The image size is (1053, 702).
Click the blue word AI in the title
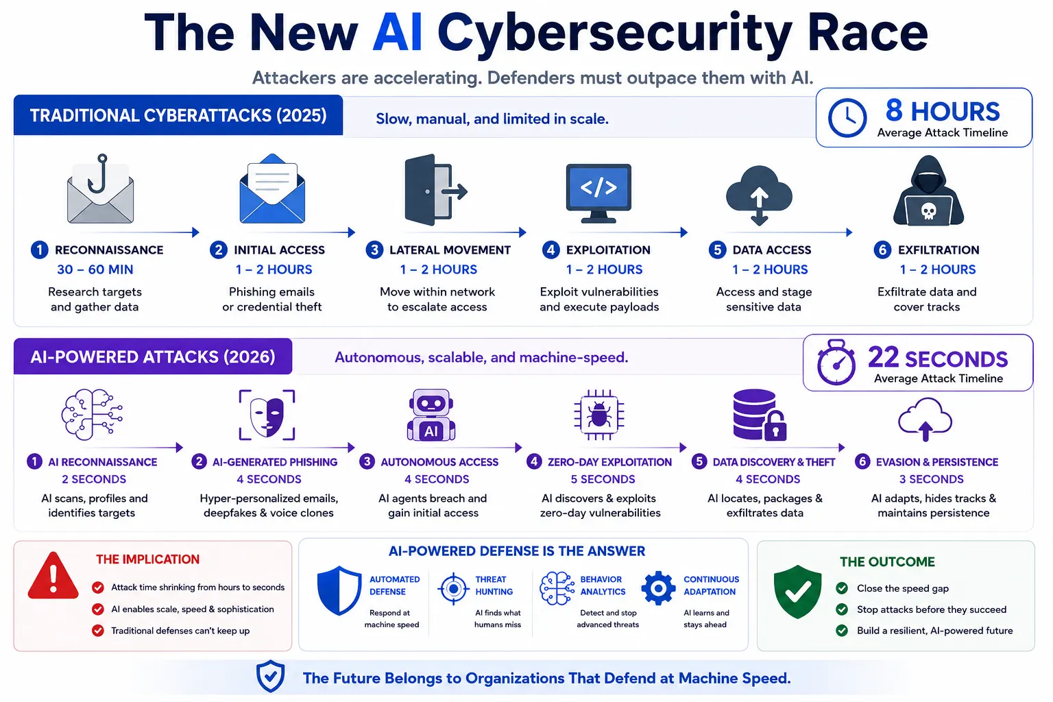[397, 33]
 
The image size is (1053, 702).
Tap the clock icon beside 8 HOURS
[847, 117]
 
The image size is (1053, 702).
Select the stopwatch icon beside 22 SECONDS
[836, 363]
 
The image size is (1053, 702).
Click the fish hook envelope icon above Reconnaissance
[100, 189]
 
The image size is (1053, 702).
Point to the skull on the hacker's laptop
[928, 211]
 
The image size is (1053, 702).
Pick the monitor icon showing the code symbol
[598, 193]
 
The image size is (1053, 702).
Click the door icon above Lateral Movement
[435, 189]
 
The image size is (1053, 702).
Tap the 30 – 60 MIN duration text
[95, 269]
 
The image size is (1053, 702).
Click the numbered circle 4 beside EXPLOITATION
[550, 250]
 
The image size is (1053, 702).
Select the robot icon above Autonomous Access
[431, 415]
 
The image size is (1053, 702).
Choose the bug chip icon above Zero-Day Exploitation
[599, 415]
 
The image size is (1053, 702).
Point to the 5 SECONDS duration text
[603, 479]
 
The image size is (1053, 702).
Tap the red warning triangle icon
[53, 576]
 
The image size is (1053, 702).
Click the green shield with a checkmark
[797, 592]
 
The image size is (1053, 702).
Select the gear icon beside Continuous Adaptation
[658, 588]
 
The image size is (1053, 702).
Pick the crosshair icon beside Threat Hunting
[454, 588]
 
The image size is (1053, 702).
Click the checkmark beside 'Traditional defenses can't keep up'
[98, 631]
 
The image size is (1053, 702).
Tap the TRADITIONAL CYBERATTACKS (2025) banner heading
[178, 116]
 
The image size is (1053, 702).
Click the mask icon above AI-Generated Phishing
[267, 415]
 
